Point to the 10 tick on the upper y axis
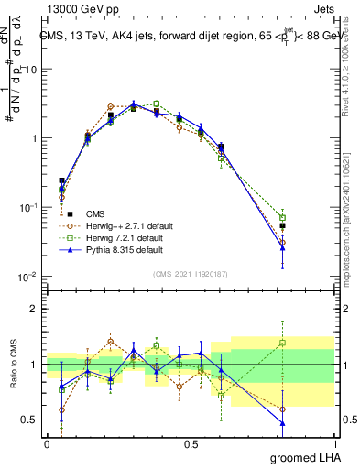(x=30, y=70)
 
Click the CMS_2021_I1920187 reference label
(x=191, y=273)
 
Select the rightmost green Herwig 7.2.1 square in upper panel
(x=309, y=218)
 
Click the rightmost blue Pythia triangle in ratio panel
(x=309, y=423)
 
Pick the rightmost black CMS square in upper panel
(x=309, y=225)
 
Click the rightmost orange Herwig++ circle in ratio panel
(x=309, y=409)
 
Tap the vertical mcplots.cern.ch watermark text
(x=353, y=211)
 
